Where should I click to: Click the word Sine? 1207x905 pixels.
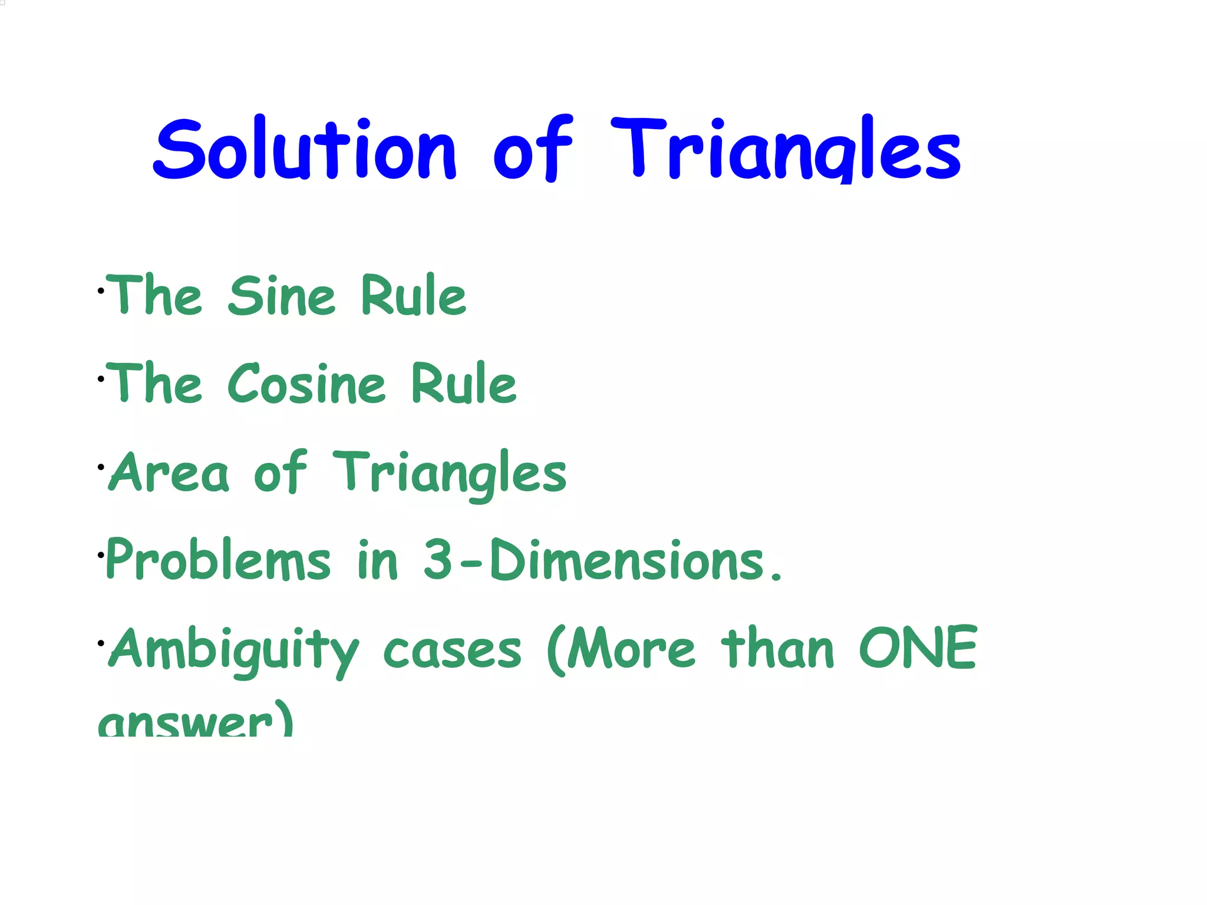point(282,296)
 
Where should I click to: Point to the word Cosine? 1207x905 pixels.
point(306,384)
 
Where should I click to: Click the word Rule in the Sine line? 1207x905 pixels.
point(413,296)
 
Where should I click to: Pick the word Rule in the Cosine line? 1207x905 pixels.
point(464,384)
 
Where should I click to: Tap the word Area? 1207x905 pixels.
point(169,473)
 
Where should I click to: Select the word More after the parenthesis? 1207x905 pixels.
point(631,649)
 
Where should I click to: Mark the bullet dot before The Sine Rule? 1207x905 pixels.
point(101,291)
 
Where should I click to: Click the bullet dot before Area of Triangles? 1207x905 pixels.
point(101,467)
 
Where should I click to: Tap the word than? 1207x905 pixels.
point(778,649)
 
